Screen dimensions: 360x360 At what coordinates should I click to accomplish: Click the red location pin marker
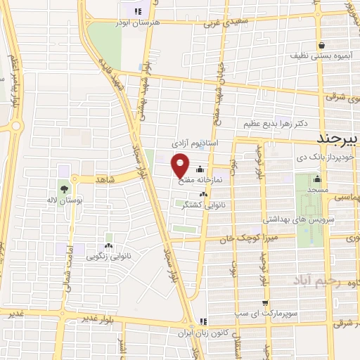pos(181,165)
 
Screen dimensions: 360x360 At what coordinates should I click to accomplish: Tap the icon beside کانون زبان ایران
pos(204,321)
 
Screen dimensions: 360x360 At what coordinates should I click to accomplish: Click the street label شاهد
pos(101,180)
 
